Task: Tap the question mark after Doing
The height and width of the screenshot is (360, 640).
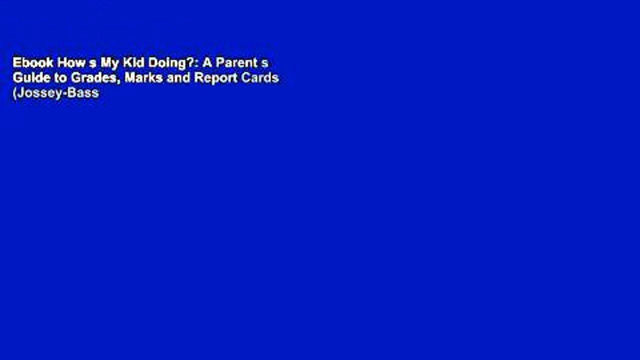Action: (183, 62)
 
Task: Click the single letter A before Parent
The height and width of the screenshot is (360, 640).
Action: (205, 62)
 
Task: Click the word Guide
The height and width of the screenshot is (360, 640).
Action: (29, 78)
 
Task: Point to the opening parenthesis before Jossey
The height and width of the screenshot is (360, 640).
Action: (14, 93)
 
